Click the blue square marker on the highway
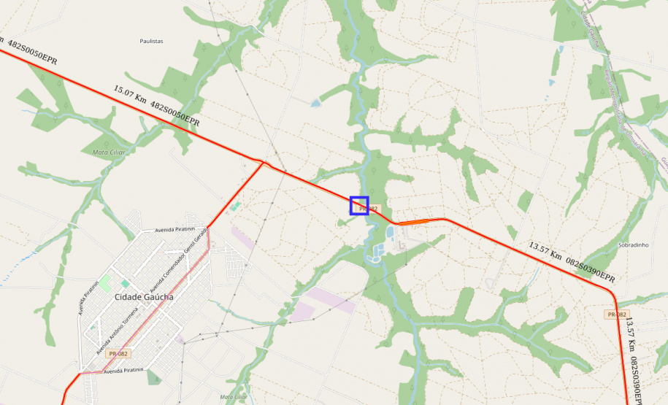tap(359, 206)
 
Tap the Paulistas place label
tap(151, 42)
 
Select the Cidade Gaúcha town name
tap(144, 297)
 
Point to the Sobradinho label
tap(633, 245)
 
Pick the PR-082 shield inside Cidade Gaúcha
tap(118, 353)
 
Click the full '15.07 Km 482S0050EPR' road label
tap(156, 107)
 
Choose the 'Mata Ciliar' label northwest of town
tap(110, 152)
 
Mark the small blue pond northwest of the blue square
tap(315, 104)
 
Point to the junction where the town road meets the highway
tap(262, 162)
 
